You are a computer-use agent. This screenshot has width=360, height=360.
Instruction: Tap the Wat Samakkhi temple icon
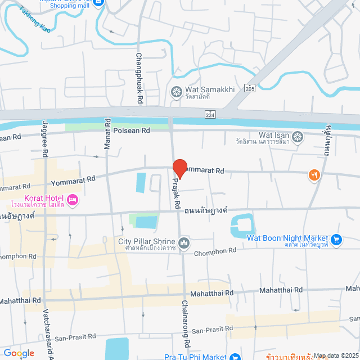177,91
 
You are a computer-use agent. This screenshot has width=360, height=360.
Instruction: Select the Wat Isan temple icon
297,136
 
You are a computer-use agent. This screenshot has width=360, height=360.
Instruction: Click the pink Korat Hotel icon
73,200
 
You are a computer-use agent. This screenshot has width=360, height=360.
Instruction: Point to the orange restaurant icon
314,175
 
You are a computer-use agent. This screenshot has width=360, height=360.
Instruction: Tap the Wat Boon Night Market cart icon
336,240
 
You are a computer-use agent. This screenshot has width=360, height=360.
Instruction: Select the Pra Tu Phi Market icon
235,357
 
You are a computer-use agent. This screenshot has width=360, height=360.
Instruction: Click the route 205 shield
250,88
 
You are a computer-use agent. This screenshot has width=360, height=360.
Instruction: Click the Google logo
19,353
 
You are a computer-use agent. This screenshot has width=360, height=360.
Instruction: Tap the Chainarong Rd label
184,323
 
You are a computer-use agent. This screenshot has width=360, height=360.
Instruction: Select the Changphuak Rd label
139,78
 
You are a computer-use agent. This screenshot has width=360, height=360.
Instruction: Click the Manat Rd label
107,133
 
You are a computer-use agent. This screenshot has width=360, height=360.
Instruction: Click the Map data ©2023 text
335,355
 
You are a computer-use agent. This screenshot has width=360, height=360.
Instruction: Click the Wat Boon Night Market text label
287,237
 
